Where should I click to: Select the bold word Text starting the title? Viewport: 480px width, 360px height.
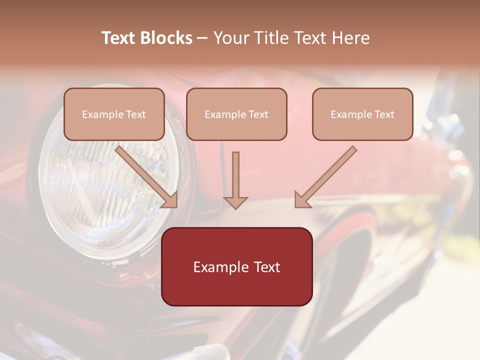tap(119, 38)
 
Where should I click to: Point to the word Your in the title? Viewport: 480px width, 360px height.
tap(230, 38)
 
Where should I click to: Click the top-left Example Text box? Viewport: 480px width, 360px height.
tap(114, 114)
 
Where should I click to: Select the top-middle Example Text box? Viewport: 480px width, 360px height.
tap(236, 114)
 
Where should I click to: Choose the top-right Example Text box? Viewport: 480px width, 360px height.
tap(362, 114)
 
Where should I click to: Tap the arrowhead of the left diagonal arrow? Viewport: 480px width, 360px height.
tap(170, 199)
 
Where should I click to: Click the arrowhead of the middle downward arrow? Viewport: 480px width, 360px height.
tap(235, 202)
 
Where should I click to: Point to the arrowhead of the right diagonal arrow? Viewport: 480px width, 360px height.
tap(302, 199)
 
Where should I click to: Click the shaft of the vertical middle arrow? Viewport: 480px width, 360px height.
tap(235, 172)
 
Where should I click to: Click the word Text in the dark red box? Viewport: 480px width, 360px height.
tap(267, 267)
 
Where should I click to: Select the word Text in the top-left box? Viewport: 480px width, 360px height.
tap(135, 114)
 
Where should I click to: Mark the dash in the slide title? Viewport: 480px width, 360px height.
tap(203, 38)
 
